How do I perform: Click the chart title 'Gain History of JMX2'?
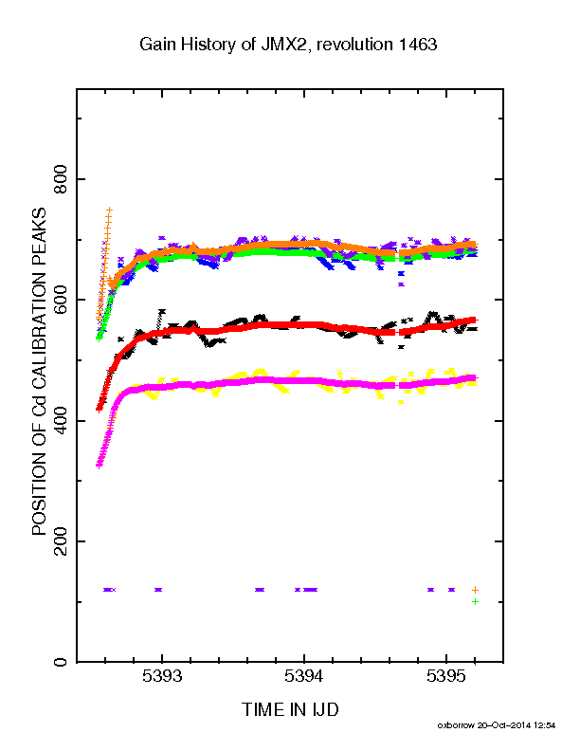click(x=222, y=45)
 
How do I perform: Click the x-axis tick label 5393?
click(x=162, y=676)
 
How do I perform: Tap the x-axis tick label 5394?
click(x=304, y=676)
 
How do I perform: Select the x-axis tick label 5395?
click(x=446, y=676)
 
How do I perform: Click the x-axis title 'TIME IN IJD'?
click(x=290, y=709)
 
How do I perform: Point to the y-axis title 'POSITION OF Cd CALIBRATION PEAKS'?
click(x=39, y=371)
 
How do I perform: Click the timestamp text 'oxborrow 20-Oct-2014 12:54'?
click(x=497, y=725)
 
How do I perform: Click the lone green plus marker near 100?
click(x=475, y=601)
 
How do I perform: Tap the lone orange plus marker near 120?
click(x=475, y=590)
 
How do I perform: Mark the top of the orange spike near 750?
click(x=110, y=210)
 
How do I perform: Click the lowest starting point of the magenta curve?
click(x=100, y=465)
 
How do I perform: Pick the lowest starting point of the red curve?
click(x=99, y=410)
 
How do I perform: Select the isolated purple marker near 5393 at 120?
click(x=158, y=590)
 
